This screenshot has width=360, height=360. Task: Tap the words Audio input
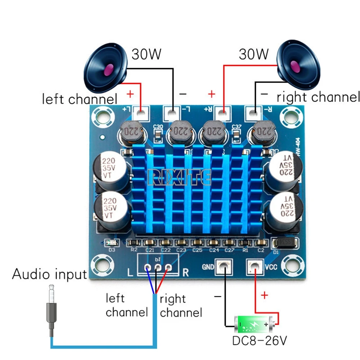[50, 274]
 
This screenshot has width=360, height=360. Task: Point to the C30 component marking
[158, 126]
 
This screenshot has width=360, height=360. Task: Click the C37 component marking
[237, 126]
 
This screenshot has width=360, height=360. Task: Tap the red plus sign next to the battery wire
[265, 296]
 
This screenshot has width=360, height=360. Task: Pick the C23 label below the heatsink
[181, 250]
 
